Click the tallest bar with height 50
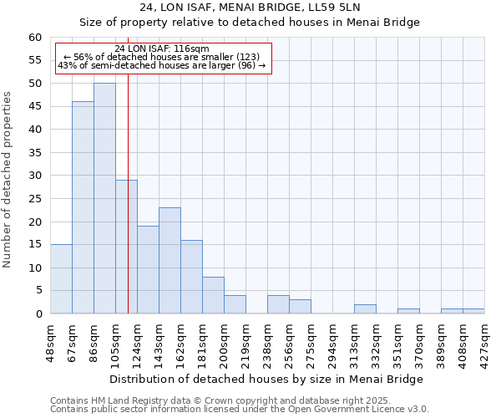[x=104, y=198]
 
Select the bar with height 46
[x=83, y=207]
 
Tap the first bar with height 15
[x=61, y=279]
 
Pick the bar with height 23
[x=170, y=261]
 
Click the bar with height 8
[x=213, y=295]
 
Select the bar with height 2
[x=365, y=309]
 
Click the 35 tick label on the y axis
[x=35, y=153]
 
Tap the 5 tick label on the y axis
[x=38, y=291]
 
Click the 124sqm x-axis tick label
[x=138, y=340]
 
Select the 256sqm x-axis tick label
[x=290, y=340]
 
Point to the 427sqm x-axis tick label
[x=485, y=340]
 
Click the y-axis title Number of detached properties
[x=8, y=180]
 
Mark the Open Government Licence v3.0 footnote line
[x=240, y=410]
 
